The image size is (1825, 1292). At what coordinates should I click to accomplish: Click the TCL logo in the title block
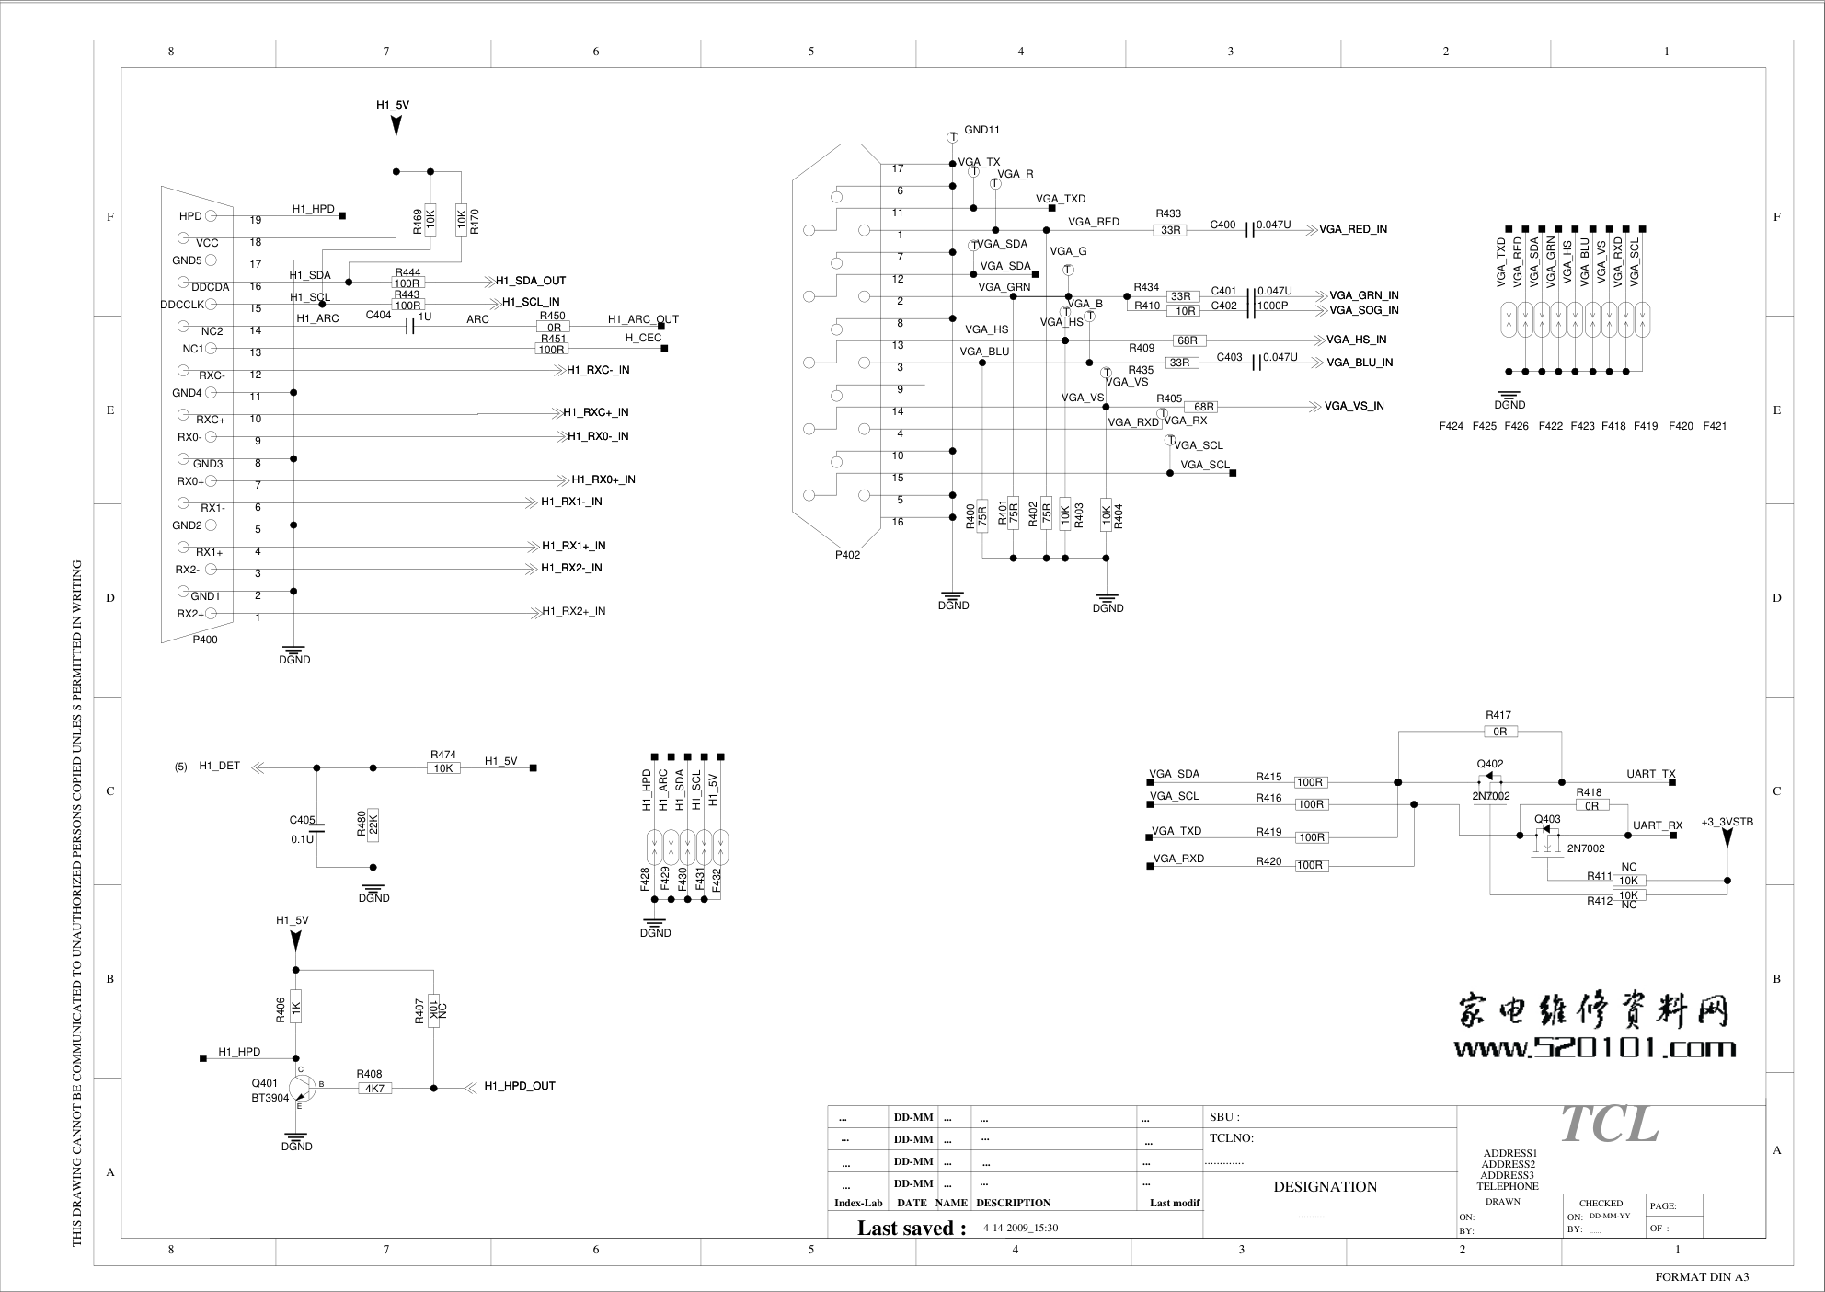coord(1609,1124)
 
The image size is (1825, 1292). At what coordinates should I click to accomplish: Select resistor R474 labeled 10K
coord(443,768)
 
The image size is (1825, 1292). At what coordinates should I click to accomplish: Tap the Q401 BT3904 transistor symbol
coord(304,1087)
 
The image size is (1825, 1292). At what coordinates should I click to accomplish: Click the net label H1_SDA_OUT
coord(531,281)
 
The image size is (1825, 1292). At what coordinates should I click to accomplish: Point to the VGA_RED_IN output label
coord(1353,229)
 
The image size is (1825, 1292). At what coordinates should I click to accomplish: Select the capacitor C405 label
coord(302,820)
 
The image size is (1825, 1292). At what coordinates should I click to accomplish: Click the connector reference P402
coord(847,555)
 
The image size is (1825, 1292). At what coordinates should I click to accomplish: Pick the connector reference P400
coord(205,640)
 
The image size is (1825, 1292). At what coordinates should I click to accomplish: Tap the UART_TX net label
coord(1650,774)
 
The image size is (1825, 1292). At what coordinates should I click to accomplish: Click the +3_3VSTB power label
coord(1727,822)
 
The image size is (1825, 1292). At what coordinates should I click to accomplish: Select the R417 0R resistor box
coord(1500,732)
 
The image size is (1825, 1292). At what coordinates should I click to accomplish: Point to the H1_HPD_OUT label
coord(520,1086)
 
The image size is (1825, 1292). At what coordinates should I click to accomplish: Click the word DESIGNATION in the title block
coord(1325,1187)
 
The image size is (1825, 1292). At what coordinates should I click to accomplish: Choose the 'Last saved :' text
coord(912,1229)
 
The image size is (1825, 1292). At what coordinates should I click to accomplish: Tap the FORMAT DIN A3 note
coord(1702,1276)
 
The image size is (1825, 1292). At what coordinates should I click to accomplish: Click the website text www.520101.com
coord(1594,1048)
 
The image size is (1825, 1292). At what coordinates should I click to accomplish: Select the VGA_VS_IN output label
coord(1354,406)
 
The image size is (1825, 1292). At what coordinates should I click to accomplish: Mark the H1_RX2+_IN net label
coord(573,611)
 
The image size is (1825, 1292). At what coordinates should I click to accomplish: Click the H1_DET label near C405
coord(219,766)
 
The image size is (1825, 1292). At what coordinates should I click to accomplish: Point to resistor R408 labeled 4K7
coord(374,1089)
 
